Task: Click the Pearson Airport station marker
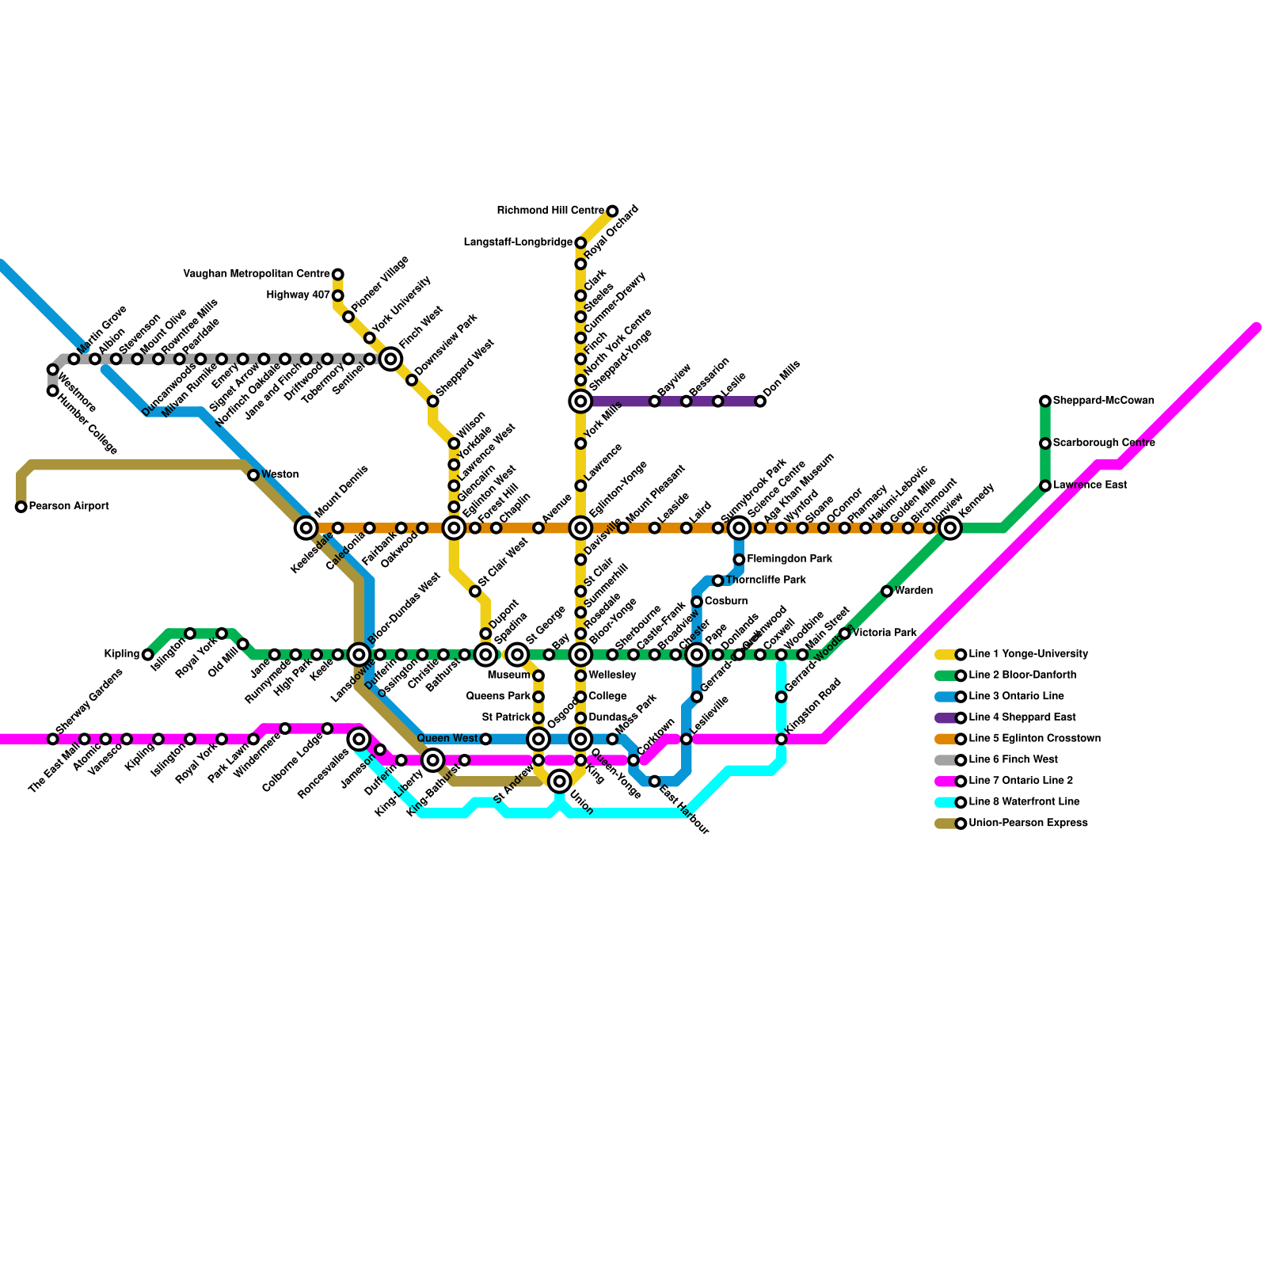(x=21, y=507)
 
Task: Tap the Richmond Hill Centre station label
(x=550, y=211)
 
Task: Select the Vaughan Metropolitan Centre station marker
(x=338, y=275)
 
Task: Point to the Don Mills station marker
(x=760, y=401)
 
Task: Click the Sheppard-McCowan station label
(x=1103, y=401)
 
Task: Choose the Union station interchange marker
(x=560, y=782)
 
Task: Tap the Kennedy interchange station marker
(x=950, y=528)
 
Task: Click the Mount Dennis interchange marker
(x=306, y=528)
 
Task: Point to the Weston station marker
(x=253, y=475)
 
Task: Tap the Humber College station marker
(x=53, y=391)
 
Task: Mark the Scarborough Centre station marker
(x=1045, y=443)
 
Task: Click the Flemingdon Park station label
(x=789, y=559)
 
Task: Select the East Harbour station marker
(x=655, y=782)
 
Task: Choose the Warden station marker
(x=887, y=592)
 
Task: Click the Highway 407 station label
(x=299, y=295)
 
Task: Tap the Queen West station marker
(x=485, y=740)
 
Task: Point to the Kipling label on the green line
(x=122, y=655)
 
